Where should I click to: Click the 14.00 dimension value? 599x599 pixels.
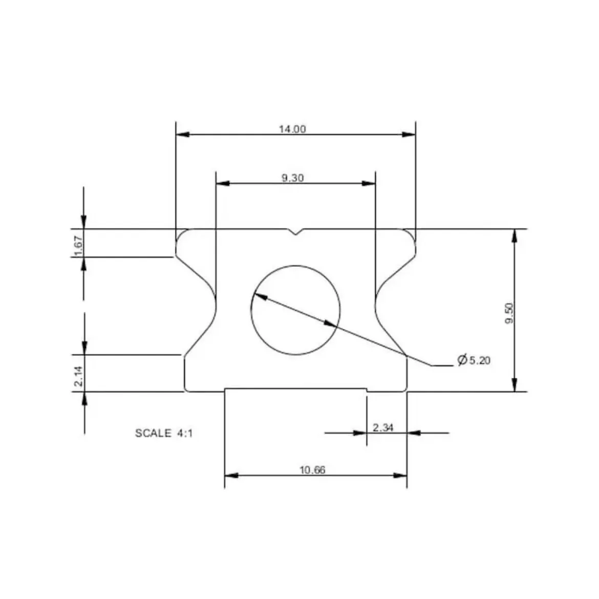click(292, 129)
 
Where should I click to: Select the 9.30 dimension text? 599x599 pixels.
click(292, 178)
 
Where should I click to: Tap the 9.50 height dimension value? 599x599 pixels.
click(509, 313)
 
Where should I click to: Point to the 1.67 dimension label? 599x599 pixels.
click(78, 246)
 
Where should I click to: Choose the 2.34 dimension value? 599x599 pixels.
click(382, 427)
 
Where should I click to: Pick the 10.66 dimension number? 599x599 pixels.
click(312, 470)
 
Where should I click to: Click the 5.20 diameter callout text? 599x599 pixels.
click(480, 360)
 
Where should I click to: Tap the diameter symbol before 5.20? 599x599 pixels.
click(462, 360)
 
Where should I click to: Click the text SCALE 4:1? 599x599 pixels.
click(164, 433)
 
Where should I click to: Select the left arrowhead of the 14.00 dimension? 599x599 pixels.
click(183, 135)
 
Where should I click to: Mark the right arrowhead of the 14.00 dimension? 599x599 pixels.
click(409, 135)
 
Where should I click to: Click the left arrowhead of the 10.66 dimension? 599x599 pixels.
click(231, 475)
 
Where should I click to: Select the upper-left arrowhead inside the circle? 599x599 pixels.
click(260, 295)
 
